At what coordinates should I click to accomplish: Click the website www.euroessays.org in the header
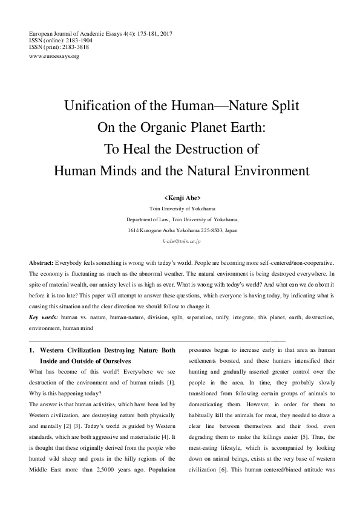click(54, 56)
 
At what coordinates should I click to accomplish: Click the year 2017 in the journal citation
click(165, 32)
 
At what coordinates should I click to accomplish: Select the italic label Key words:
click(44, 316)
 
